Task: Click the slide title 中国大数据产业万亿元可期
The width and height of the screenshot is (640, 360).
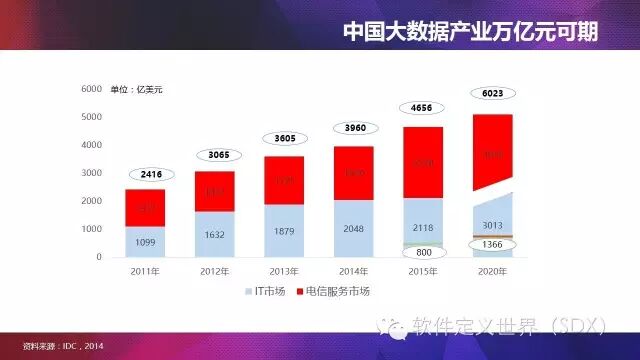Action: [470, 31]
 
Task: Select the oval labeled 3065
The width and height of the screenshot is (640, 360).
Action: [215, 156]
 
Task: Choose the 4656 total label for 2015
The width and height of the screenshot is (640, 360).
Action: [423, 108]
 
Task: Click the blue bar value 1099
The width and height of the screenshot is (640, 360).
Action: [145, 243]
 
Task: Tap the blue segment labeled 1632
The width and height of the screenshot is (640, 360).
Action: [215, 236]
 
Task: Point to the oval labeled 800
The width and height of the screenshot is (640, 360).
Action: [423, 253]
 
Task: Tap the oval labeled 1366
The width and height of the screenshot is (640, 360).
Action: [492, 246]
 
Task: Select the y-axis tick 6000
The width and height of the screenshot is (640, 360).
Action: [93, 90]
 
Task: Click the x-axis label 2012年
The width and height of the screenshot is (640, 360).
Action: [215, 270]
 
